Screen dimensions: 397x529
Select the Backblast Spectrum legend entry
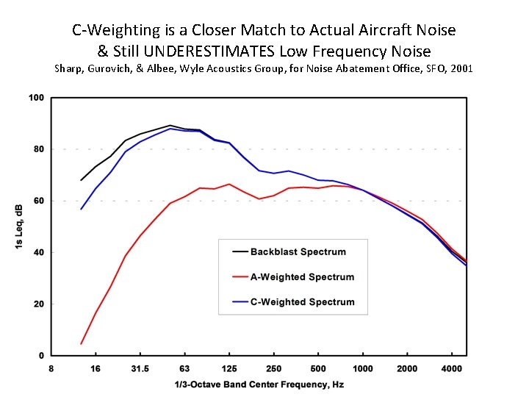point(298,251)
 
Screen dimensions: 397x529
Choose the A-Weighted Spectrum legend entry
point(302,277)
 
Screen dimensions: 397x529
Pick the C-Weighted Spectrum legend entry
point(302,302)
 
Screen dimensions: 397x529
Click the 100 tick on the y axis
point(37,98)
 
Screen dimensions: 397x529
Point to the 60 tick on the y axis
point(39,201)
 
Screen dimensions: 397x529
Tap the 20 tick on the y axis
point(39,304)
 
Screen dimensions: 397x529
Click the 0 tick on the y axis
point(42,355)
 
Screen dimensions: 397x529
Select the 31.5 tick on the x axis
point(140,368)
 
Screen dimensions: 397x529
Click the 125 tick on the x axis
point(229,368)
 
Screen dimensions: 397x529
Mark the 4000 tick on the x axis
point(451,368)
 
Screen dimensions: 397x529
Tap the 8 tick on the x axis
point(51,368)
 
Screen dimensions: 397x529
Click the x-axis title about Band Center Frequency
point(259,385)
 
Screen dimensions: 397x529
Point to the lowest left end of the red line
point(81,343)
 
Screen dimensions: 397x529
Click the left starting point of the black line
point(81,180)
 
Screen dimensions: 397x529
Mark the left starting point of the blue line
point(81,209)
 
